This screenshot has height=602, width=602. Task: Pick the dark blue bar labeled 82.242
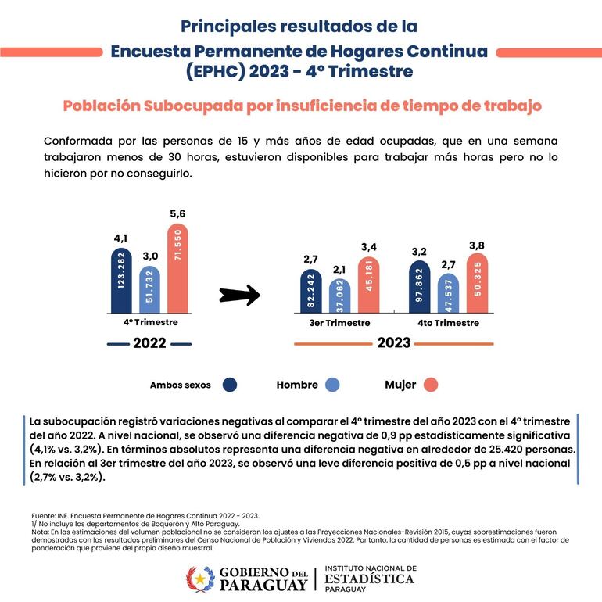tap(310, 291)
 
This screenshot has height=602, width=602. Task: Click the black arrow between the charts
tap(238, 295)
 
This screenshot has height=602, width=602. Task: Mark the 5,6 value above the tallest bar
tap(177, 214)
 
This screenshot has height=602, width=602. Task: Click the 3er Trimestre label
tap(339, 323)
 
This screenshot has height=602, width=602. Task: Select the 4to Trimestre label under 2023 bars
tap(447, 323)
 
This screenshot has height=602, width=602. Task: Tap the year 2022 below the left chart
tap(149, 342)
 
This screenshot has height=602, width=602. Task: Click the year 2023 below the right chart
tap(394, 342)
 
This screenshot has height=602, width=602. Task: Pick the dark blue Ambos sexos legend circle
tap(230, 385)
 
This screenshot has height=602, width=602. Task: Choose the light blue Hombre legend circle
tap(331, 385)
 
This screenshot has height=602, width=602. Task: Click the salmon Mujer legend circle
tap(431, 385)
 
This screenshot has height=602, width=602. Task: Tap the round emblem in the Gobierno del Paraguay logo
tap(199, 579)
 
